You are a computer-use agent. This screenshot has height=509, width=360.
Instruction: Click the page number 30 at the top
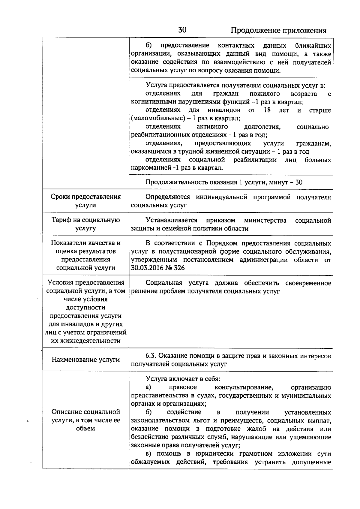[182, 30]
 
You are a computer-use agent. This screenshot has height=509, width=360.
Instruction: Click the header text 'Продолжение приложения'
[278, 31]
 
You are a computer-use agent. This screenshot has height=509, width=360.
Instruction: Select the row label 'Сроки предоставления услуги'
[85, 201]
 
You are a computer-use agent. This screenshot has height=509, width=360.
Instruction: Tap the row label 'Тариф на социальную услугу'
[85, 224]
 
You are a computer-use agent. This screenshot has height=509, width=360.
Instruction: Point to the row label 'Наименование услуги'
[85, 360]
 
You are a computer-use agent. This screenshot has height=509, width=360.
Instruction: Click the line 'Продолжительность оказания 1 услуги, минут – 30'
[224, 182]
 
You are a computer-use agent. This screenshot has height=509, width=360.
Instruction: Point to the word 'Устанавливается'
[171, 221]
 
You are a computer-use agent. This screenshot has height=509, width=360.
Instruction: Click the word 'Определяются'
[168, 197]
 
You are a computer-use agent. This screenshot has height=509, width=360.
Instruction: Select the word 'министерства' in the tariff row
[265, 221]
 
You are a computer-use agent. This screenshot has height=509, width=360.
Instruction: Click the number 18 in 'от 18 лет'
[267, 110]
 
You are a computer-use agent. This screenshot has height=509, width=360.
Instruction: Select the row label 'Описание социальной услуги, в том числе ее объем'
[85, 420]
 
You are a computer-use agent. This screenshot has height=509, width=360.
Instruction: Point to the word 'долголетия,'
[262, 127]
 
